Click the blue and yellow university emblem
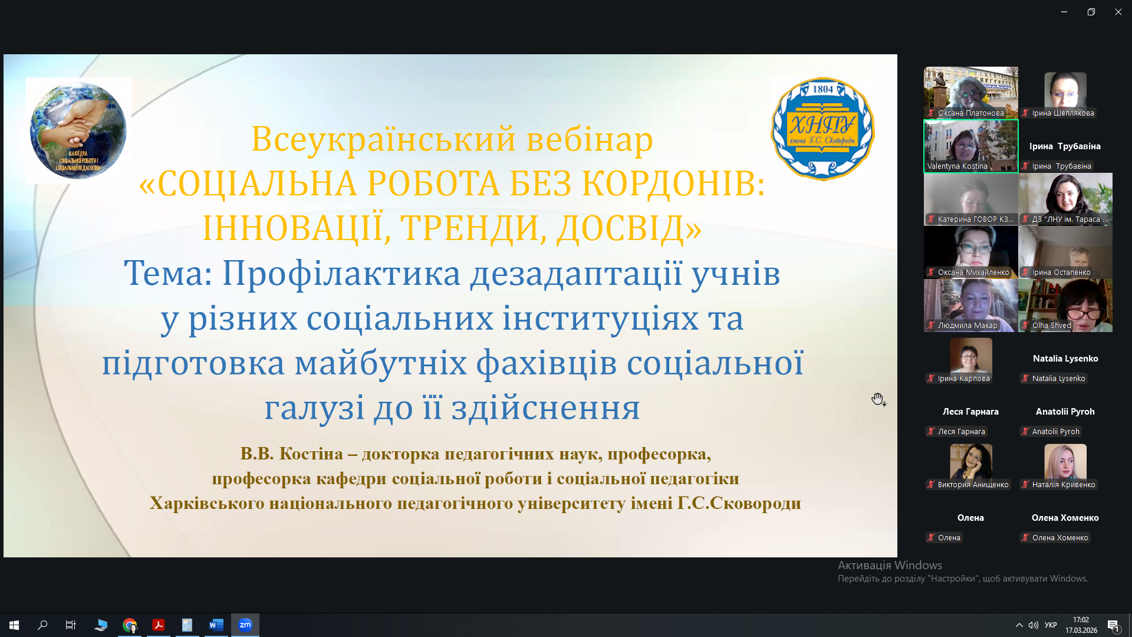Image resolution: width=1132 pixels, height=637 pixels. [x=822, y=129]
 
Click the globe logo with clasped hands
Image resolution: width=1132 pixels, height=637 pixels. [x=78, y=130]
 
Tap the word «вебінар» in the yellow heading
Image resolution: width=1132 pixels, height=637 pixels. [x=590, y=139]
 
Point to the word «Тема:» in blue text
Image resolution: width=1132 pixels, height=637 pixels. [x=168, y=274]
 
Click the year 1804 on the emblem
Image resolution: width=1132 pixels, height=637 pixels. [x=823, y=89]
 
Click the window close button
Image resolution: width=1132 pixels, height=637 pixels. [x=1118, y=12]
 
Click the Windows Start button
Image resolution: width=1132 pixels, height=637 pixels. [x=14, y=625]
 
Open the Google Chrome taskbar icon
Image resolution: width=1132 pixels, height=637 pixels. [x=130, y=625]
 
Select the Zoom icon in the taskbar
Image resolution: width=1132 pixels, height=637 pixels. [x=245, y=625]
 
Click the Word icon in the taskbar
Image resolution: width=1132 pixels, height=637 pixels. [x=216, y=625]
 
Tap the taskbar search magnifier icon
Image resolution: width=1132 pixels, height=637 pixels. [x=42, y=625]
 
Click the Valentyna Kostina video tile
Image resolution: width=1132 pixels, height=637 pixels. [x=970, y=146]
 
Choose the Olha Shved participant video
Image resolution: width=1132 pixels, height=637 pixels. [x=1065, y=306]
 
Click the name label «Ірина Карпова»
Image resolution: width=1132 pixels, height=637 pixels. [x=963, y=379]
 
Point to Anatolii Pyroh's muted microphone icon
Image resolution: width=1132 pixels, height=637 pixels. [x=1025, y=432]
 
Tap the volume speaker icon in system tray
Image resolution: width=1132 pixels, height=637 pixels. [x=1033, y=625]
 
